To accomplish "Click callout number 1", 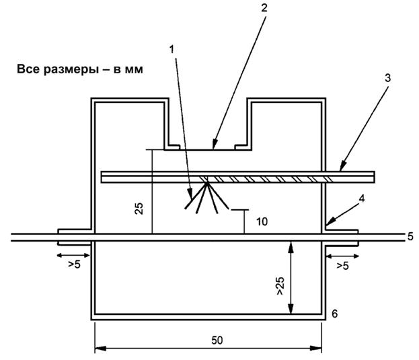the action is [172, 49].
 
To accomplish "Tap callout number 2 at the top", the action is [264, 8].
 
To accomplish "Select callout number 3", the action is [387, 78].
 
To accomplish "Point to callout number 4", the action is [362, 199].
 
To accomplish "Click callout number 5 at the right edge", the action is [410, 236].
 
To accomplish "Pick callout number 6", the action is [334, 313].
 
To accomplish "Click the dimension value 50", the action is [217, 340].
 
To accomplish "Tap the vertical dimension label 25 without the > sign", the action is [139, 209].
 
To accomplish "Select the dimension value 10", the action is [262, 221].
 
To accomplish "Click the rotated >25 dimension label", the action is [280, 286].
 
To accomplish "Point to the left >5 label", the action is [74, 264].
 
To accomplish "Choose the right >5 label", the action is [342, 266].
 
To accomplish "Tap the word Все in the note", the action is [29, 69].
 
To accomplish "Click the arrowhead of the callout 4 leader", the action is [330, 222].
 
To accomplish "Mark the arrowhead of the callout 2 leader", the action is [215, 144].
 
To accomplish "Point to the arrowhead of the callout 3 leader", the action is [343, 166].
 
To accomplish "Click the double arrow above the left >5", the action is [73, 256].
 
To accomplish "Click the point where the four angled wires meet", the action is [206, 183].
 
